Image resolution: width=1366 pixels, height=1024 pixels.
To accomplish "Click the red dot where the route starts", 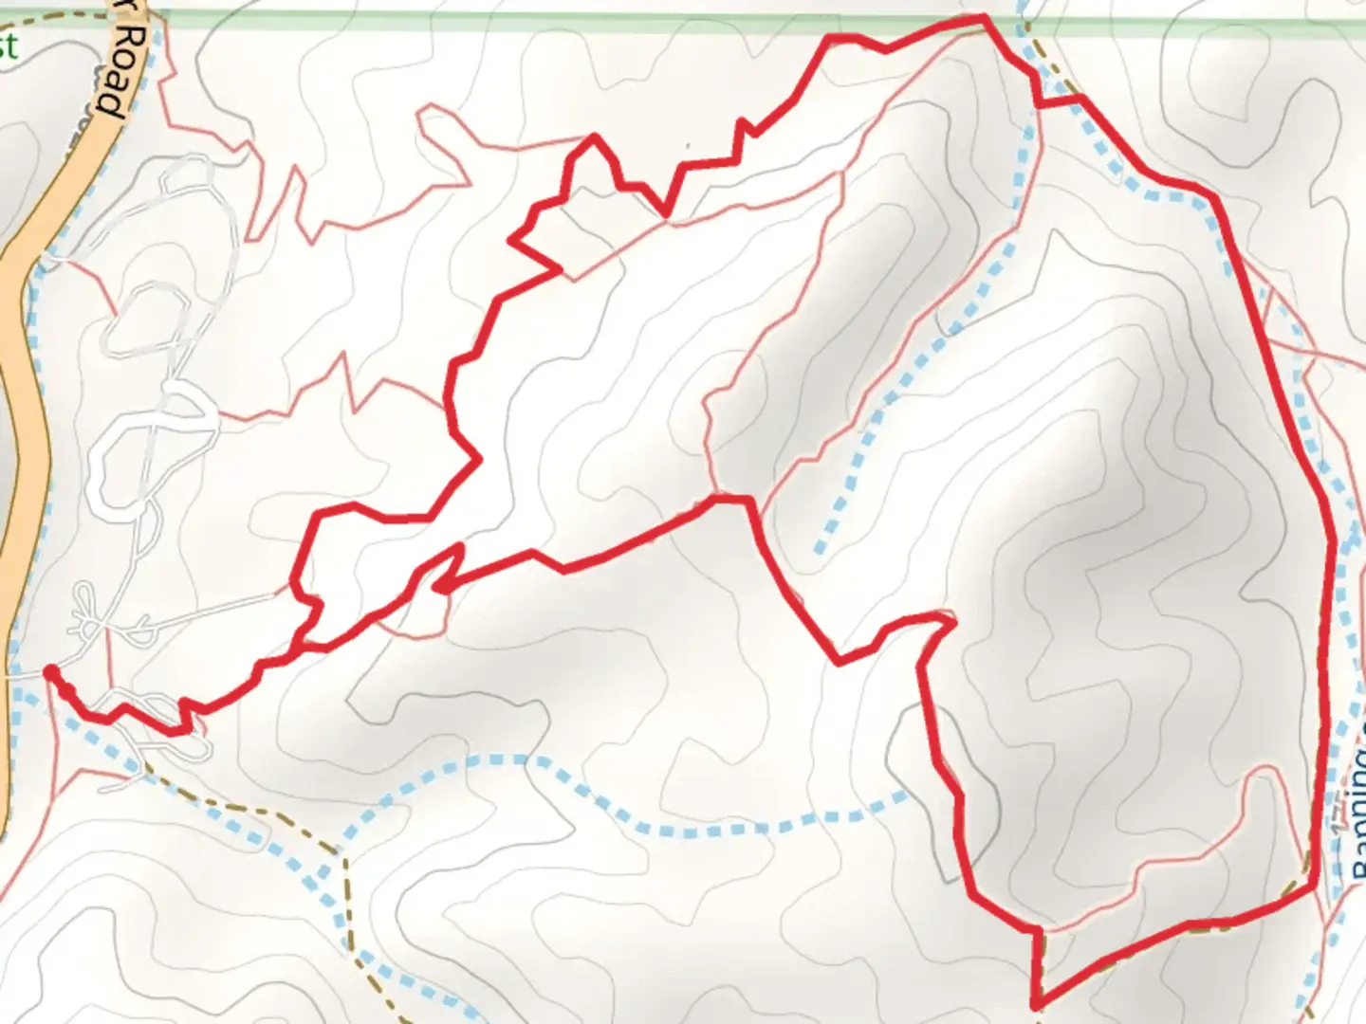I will click(x=51, y=673).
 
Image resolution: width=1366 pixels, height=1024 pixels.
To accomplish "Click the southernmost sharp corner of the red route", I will click(x=1036, y=1003).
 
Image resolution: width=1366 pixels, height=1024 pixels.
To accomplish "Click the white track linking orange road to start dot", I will click(x=24, y=675).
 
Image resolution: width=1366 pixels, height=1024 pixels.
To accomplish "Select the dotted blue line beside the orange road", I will click(x=36, y=379).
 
